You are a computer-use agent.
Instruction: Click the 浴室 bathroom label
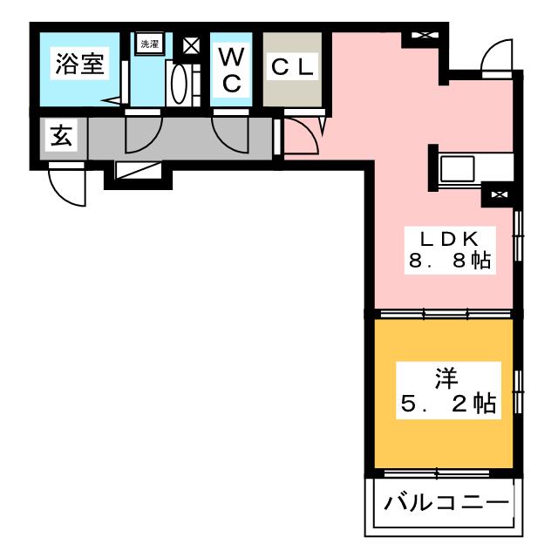point(79,64)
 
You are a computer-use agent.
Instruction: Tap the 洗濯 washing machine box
point(150,44)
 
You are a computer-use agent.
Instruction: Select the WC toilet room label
point(231,70)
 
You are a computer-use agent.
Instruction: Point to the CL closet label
point(292,67)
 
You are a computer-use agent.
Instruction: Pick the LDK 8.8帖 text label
point(450,250)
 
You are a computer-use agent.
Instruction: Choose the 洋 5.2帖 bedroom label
point(448,391)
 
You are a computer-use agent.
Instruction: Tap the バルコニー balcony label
point(446,503)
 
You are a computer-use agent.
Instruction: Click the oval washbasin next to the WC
point(180,85)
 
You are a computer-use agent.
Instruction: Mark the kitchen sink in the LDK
point(457,169)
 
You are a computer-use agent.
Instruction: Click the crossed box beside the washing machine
point(191,45)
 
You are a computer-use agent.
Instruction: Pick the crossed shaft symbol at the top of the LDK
point(425,35)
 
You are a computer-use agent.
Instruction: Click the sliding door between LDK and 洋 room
point(446,314)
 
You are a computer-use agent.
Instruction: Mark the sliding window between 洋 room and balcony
point(437,473)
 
